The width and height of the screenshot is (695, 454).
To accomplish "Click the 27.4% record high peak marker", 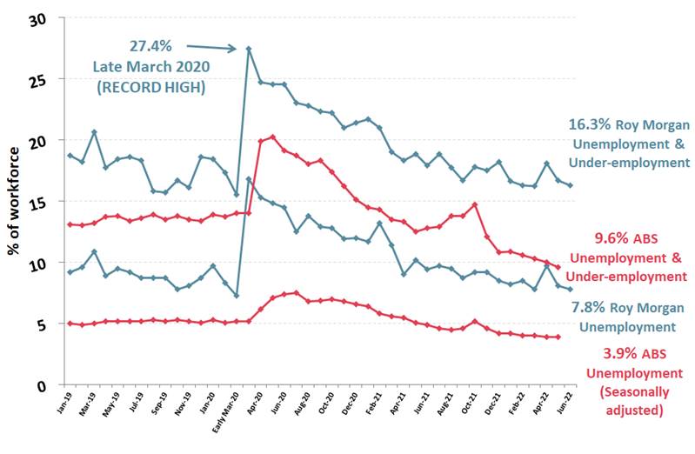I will click(249, 49).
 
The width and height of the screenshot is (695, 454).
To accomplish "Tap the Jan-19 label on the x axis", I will click(63, 403).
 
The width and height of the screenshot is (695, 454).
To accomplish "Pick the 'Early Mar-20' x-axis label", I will click(227, 410).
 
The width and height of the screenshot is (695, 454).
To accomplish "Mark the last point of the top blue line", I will click(570, 185).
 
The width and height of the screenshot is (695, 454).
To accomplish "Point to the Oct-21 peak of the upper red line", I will click(475, 204).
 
